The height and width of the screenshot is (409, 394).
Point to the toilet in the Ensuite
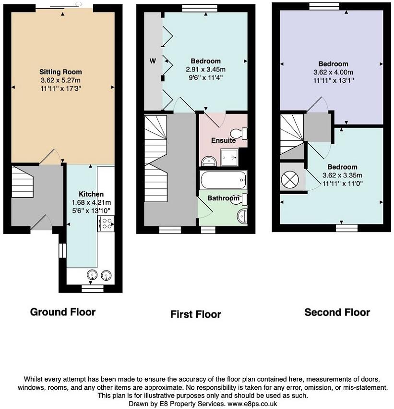pyautogui.click(x=239, y=133)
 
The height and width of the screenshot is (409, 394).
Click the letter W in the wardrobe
pyautogui.click(x=153, y=61)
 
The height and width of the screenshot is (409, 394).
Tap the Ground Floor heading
pyautogui.click(x=63, y=312)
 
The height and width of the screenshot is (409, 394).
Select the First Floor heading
pyautogui.click(x=195, y=314)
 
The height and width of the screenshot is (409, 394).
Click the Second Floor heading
pyautogui.click(x=337, y=312)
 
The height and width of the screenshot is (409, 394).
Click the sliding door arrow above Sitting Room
pyautogui.click(x=78, y=4)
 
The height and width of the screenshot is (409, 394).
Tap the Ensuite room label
pyautogui.click(x=223, y=141)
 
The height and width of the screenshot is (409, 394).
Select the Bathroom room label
pyautogui.click(x=223, y=198)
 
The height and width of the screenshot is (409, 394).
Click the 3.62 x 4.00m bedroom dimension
pyautogui.click(x=333, y=72)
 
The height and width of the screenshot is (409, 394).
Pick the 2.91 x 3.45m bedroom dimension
pyautogui.click(x=205, y=69)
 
